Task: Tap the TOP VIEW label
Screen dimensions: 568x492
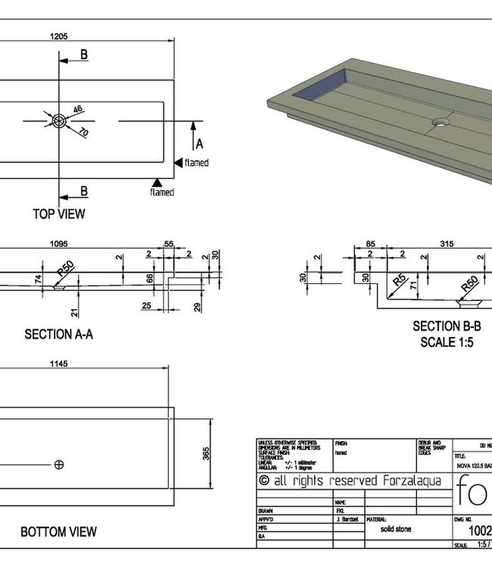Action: (x=59, y=214)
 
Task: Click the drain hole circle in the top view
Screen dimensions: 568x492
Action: (x=60, y=120)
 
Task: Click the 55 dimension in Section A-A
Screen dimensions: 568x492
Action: (x=169, y=244)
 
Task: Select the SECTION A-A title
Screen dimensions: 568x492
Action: (x=59, y=333)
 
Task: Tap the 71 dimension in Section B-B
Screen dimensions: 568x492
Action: (x=414, y=285)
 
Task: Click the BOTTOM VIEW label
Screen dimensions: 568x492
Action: (x=59, y=532)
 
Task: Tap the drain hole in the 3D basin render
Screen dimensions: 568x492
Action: (x=439, y=121)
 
